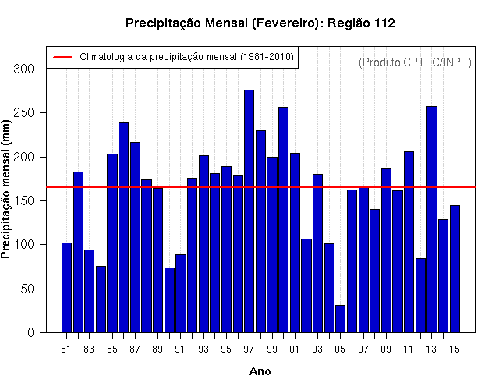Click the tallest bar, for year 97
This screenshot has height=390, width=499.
249,211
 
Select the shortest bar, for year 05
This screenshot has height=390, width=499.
340,319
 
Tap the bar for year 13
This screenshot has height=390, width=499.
432,219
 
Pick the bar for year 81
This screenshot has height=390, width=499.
66,288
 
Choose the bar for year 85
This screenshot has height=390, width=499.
112,243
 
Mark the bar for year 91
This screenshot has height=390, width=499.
181,293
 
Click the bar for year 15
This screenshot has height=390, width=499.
455,269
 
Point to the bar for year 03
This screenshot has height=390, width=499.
317,253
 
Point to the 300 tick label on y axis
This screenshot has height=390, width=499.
24,69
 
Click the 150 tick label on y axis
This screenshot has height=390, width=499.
24,201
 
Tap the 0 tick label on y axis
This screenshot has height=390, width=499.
30,333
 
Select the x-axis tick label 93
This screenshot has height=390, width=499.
203,349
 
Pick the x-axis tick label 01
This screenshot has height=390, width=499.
295,349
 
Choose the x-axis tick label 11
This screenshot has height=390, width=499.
409,349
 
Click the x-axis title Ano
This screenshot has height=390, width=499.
260,371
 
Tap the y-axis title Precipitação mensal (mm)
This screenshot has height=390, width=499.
5,189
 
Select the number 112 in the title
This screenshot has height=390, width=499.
384,23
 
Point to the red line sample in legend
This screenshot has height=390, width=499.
62,57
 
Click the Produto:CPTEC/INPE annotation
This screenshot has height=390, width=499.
415,62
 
